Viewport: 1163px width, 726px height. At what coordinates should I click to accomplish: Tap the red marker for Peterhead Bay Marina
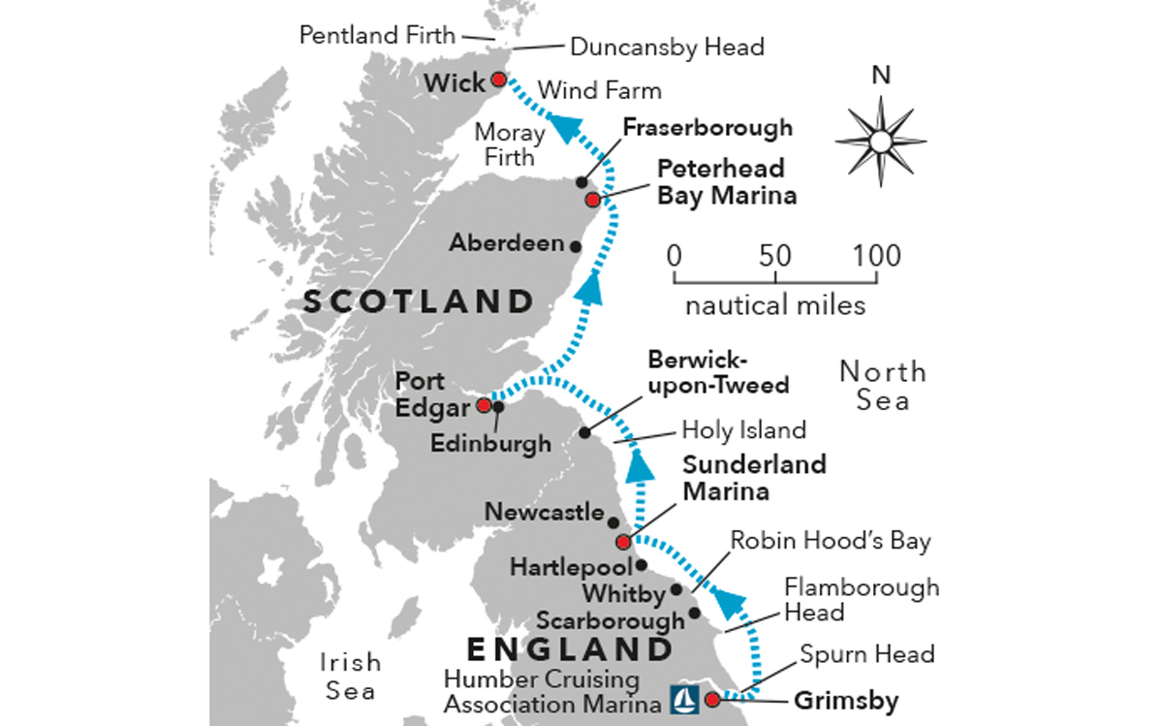592,200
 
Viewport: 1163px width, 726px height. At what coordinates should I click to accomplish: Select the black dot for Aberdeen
576,246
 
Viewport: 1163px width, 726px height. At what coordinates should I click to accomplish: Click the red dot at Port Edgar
484,405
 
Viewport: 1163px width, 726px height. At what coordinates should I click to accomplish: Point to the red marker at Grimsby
712,699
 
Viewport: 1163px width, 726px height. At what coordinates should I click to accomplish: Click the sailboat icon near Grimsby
683,699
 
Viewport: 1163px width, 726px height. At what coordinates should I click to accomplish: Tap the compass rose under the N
880,142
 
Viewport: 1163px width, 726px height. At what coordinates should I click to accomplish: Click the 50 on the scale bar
775,257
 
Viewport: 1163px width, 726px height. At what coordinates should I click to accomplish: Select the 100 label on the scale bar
876,257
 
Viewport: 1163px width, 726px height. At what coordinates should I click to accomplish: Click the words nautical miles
775,305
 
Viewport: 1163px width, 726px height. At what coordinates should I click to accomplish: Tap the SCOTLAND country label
419,300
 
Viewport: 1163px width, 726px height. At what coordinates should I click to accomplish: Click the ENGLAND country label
570,647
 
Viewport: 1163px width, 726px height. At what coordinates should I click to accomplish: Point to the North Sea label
882,385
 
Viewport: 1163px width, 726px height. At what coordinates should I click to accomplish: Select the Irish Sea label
349,676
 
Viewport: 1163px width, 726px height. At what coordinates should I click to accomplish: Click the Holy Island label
743,428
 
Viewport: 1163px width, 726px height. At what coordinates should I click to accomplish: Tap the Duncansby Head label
667,46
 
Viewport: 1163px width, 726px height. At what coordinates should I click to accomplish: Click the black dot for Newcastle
613,522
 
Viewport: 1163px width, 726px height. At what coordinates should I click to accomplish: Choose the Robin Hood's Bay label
830,540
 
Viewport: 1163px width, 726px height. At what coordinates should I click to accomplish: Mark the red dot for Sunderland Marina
622,542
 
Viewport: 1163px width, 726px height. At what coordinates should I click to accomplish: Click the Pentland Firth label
377,36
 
